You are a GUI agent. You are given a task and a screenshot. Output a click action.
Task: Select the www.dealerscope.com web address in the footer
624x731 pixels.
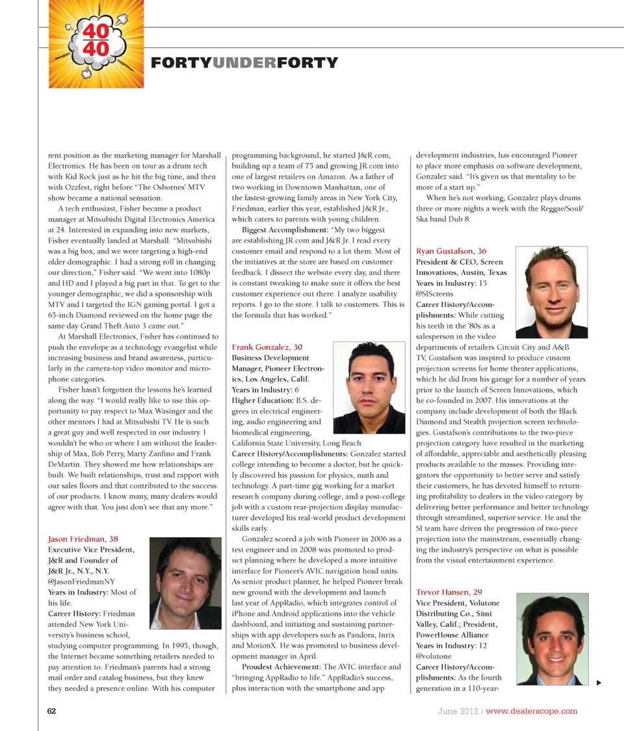click(x=532, y=710)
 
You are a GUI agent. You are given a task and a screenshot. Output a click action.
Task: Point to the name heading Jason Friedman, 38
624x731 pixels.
click(x=83, y=539)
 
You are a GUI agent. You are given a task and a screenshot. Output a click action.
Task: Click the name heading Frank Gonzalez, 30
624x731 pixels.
click(x=267, y=347)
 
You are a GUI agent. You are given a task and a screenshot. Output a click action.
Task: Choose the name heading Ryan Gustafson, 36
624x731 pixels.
click(x=451, y=251)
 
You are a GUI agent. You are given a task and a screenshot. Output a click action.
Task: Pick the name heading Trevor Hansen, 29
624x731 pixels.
click(x=448, y=592)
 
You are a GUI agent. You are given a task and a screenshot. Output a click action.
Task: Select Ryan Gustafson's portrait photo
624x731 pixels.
click(x=551, y=291)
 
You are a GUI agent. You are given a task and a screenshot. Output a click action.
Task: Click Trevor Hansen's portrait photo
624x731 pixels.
click(x=553, y=638)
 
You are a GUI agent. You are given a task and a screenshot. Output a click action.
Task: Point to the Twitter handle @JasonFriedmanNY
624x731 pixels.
click(x=81, y=581)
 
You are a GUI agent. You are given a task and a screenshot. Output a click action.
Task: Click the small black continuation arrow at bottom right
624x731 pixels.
click(x=599, y=682)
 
